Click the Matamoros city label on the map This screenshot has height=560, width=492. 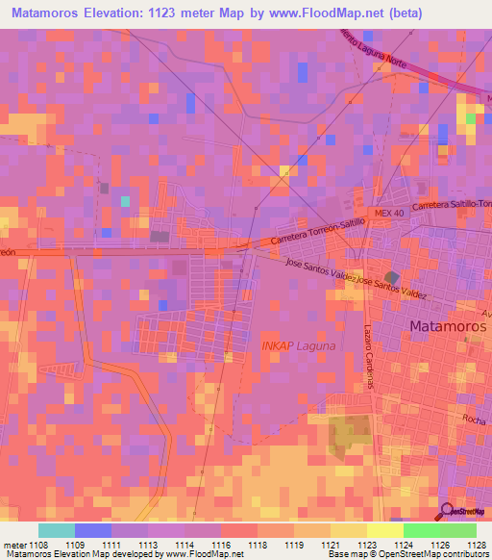click(x=448, y=326)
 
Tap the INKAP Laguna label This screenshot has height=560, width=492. click(x=300, y=345)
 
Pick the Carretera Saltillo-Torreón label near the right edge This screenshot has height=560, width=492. click(x=452, y=206)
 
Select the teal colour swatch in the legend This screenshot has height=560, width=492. click(x=57, y=530)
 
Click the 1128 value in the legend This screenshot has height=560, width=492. click(x=476, y=544)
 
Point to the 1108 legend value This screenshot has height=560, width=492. click(x=38, y=544)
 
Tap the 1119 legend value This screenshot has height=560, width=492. click(x=294, y=544)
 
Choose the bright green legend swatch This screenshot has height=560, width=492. click(x=421, y=530)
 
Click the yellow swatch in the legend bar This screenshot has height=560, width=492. click(x=384, y=530)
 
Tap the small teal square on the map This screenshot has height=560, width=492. click(x=125, y=201)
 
